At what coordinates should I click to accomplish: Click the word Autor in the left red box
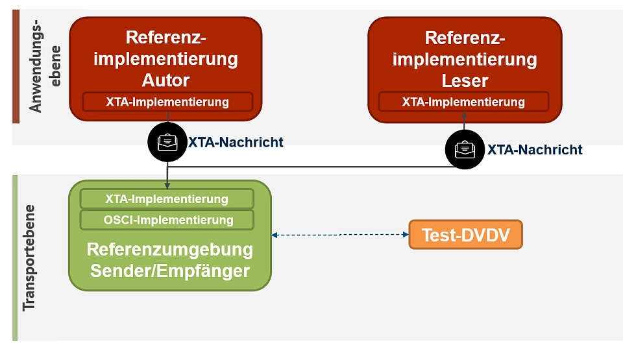point(165,80)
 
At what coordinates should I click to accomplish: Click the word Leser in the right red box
point(465,80)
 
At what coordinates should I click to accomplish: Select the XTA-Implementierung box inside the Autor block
point(167,102)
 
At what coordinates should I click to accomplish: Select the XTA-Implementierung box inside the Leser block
point(463,102)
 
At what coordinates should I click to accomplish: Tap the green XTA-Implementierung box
point(167,199)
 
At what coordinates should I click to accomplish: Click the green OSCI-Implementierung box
point(167,220)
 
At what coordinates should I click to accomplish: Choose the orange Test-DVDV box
point(465,235)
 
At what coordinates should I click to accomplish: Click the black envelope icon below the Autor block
point(167,141)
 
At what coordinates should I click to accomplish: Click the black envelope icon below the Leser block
point(464,149)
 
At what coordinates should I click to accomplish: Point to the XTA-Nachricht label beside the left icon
point(236,142)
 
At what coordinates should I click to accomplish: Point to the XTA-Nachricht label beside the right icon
point(535,150)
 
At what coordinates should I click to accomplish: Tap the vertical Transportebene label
point(29,258)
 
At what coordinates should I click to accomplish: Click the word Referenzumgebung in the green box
point(170,250)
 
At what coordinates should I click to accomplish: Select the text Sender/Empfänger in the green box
point(170,271)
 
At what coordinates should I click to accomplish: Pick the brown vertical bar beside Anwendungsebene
point(16,67)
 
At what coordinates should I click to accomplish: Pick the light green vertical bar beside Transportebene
point(15,258)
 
